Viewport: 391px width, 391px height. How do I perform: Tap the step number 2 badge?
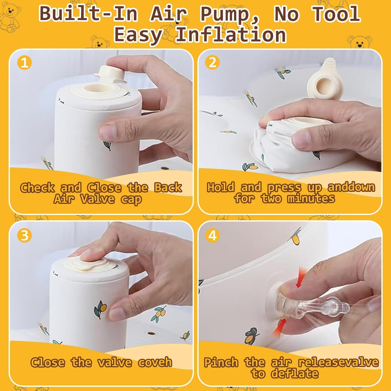tap(212, 63)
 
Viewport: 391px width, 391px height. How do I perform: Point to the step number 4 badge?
tap(212, 235)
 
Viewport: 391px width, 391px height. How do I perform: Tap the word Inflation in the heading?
tap(231, 35)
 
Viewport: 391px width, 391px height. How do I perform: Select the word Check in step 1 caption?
tap(38, 188)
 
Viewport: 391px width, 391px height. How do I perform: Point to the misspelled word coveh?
tap(155, 362)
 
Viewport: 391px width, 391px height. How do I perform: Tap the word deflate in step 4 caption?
tap(295, 374)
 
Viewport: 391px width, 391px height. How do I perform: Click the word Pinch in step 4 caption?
tap(221, 362)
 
